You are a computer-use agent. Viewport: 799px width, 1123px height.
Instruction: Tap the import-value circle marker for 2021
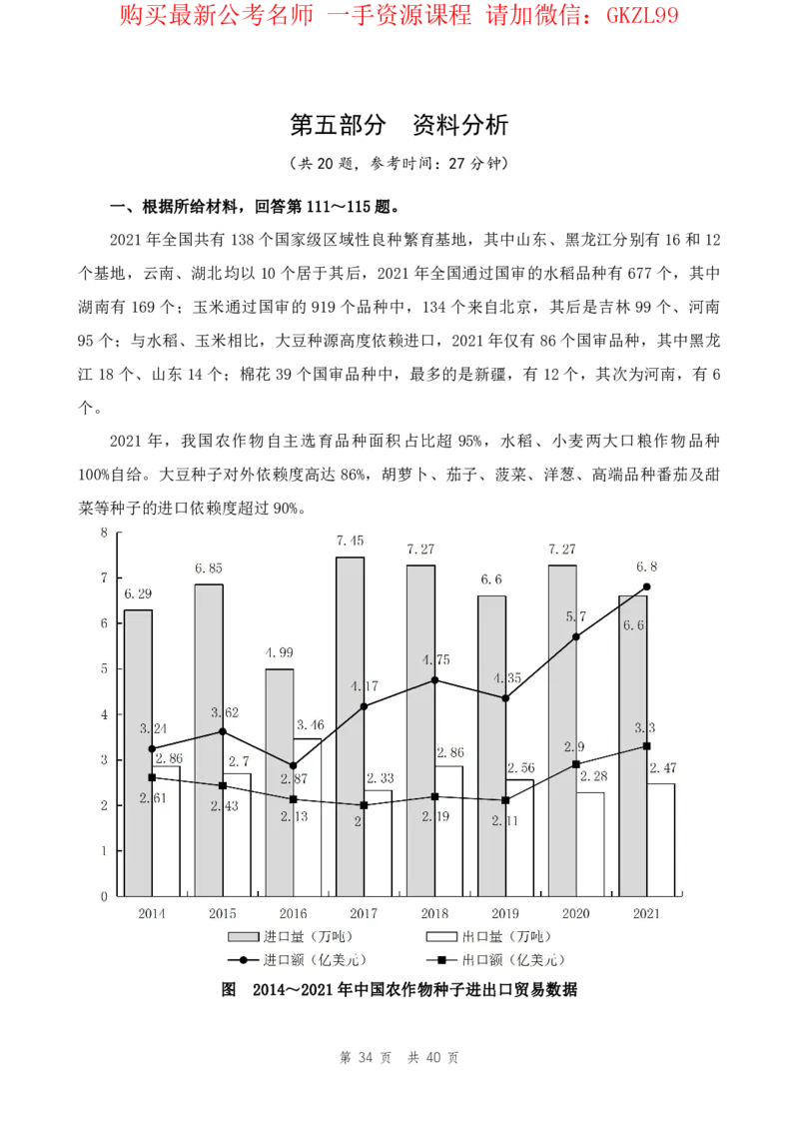(x=647, y=586)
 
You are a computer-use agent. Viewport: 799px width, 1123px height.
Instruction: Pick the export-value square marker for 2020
(x=576, y=764)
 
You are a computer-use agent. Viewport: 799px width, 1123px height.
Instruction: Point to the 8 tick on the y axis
(x=104, y=533)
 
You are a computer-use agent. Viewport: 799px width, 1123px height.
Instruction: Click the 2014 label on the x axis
(x=152, y=913)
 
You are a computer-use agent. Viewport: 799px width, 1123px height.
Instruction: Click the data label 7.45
(x=350, y=541)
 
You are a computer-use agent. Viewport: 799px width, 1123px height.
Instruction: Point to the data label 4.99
(x=280, y=653)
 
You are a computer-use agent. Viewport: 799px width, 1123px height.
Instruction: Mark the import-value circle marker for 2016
(x=293, y=765)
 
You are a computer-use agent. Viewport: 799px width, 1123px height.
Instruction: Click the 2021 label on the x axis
(x=647, y=913)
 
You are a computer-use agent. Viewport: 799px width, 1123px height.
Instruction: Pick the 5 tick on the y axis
(x=104, y=668)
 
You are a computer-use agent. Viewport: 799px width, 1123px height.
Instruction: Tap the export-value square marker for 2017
(x=364, y=805)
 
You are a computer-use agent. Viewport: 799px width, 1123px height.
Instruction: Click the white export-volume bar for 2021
(x=661, y=839)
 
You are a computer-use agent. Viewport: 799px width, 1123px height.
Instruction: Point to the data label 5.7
(x=576, y=616)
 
